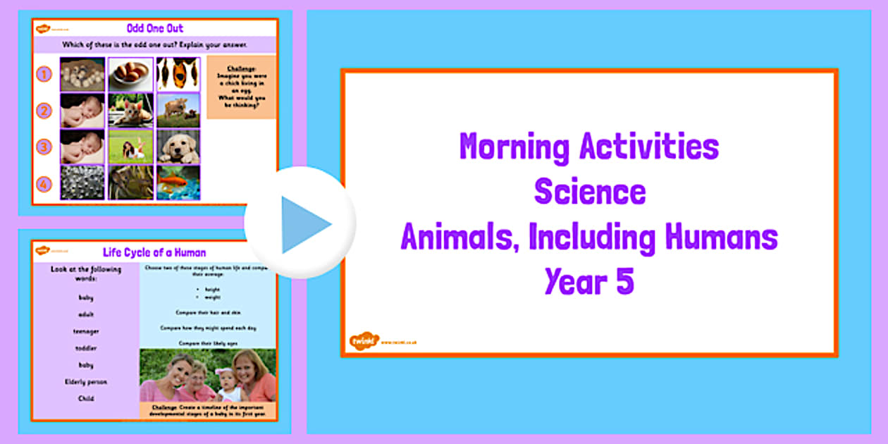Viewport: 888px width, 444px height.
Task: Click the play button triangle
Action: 304,224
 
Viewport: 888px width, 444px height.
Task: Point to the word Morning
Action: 514,147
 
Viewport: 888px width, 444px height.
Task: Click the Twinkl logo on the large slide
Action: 364,341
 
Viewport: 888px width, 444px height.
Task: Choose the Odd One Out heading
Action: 154,29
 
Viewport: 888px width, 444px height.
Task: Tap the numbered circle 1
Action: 44,74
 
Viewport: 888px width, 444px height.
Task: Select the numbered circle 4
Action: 44,185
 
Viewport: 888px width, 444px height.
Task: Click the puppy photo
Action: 178,147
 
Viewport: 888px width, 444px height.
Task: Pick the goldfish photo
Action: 178,183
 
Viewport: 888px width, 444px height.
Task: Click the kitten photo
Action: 130,111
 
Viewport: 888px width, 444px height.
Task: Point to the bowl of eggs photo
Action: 130,74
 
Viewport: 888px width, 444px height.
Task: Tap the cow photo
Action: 178,110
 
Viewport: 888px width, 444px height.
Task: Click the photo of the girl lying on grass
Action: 130,147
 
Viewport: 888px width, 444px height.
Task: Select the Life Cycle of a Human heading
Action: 154,252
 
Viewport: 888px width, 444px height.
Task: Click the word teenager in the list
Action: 86,331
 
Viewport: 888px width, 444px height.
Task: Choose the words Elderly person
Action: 86,382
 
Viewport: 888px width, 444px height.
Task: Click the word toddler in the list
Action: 86,348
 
